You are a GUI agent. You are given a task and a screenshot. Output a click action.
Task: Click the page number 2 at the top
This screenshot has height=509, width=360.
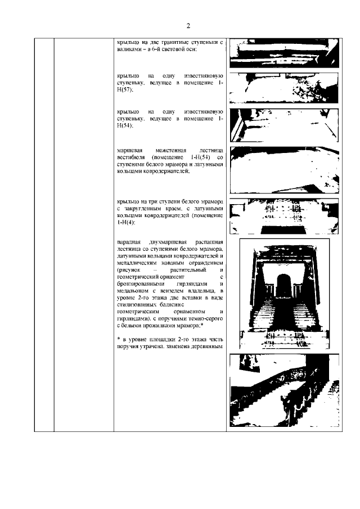coord(188,26)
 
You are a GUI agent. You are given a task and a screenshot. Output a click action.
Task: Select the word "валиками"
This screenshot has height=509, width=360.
coord(129,49)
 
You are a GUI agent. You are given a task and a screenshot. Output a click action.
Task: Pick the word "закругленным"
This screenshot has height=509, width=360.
coord(153,209)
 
